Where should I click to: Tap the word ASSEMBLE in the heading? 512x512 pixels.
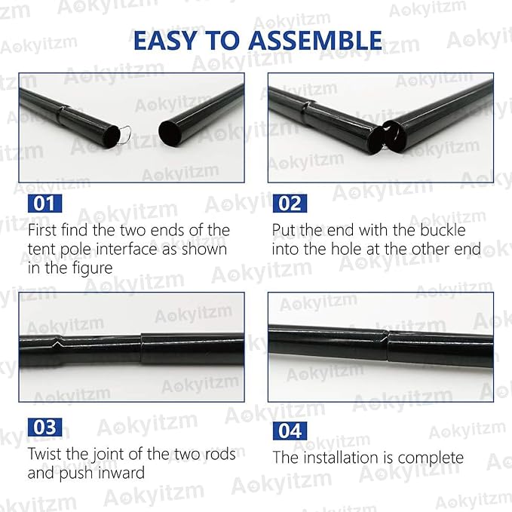(x=315, y=40)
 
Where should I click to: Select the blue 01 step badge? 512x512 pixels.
(x=44, y=204)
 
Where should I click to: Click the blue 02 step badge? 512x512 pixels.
(x=290, y=204)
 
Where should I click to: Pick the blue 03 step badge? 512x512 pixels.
(x=44, y=427)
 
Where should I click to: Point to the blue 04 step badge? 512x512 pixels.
(x=290, y=431)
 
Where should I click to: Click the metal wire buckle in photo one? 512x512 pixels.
(x=125, y=136)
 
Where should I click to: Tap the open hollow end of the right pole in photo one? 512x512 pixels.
(x=170, y=133)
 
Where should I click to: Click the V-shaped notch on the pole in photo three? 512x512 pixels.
(x=57, y=344)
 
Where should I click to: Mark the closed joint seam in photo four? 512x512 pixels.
(x=388, y=346)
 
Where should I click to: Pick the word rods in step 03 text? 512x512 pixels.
(x=220, y=454)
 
